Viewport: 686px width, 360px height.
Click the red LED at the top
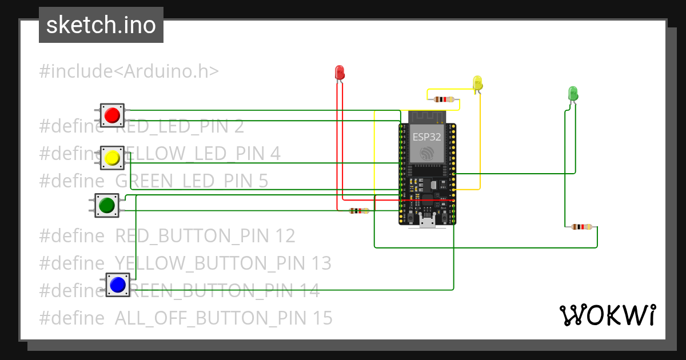[x=340, y=72]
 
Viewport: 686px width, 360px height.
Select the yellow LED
[x=478, y=83]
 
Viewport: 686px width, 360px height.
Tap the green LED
[x=573, y=93]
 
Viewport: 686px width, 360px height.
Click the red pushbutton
[x=112, y=115]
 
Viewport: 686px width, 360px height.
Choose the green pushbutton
[x=107, y=205]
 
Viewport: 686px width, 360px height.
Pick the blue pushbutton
[x=118, y=285]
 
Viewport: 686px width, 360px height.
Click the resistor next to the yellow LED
[x=444, y=99]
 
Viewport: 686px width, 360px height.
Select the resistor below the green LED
[x=581, y=227]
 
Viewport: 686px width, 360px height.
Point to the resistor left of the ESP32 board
[x=359, y=211]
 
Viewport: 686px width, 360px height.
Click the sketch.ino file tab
[x=101, y=25]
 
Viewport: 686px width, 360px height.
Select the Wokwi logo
[x=607, y=315]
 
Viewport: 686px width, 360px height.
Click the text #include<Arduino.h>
[x=129, y=71]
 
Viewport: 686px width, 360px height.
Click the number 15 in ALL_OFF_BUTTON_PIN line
[x=321, y=318]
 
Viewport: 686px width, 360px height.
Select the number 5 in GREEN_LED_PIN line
[x=262, y=181]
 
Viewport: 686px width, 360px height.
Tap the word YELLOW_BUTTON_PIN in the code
[x=211, y=263]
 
